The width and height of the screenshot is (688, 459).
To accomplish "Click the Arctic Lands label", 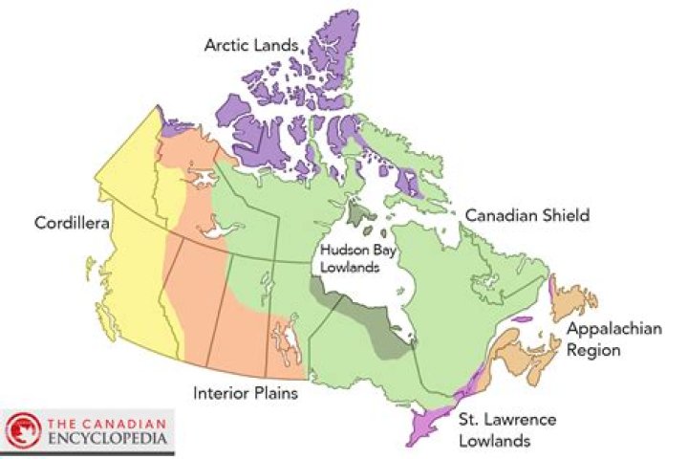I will point(252,45).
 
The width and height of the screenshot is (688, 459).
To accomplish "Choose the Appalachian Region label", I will point(607,339).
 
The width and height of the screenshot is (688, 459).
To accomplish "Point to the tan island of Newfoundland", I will point(574,304).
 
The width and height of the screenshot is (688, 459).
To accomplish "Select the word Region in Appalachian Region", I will point(593,350).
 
